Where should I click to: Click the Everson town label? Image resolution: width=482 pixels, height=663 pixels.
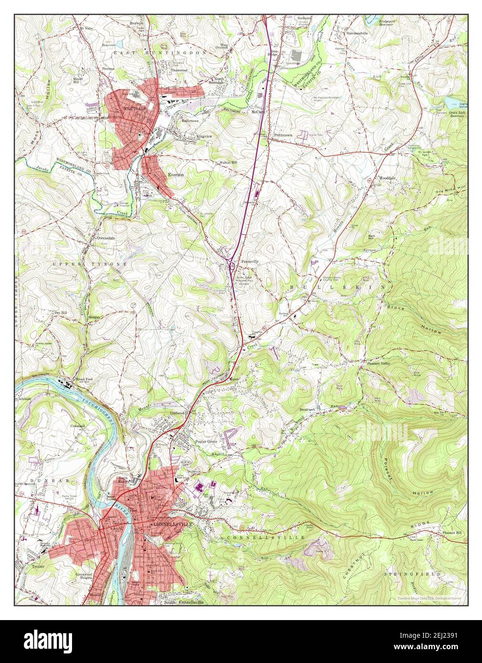tap(176, 175)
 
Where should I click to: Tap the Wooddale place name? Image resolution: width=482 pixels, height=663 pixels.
tap(387, 177)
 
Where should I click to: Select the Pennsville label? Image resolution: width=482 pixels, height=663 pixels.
tap(249, 262)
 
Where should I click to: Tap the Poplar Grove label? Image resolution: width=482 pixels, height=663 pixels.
tap(208, 441)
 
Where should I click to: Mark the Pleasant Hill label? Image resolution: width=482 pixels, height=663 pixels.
tap(451, 532)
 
